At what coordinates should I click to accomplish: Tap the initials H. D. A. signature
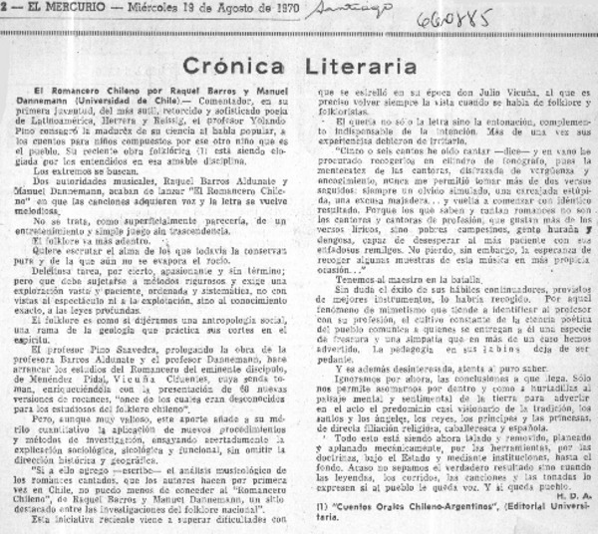tap(575, 499)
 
